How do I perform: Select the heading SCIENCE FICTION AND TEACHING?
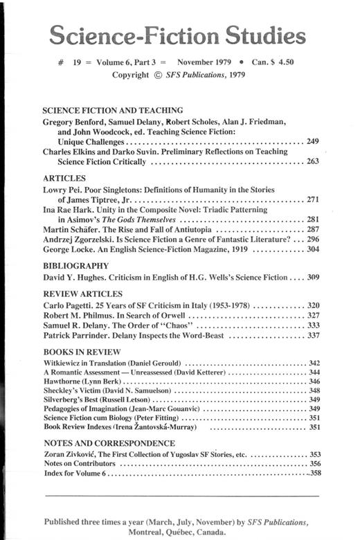tap(112, 110)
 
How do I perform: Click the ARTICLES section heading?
tap(64, 178)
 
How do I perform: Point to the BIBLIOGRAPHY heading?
tap(76, 265)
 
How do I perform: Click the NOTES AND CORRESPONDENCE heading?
tap(108, 442)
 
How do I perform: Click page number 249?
tap(312, 141)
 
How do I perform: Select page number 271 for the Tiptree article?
tap(312, 199)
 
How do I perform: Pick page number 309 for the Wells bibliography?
tap(312, 277)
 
